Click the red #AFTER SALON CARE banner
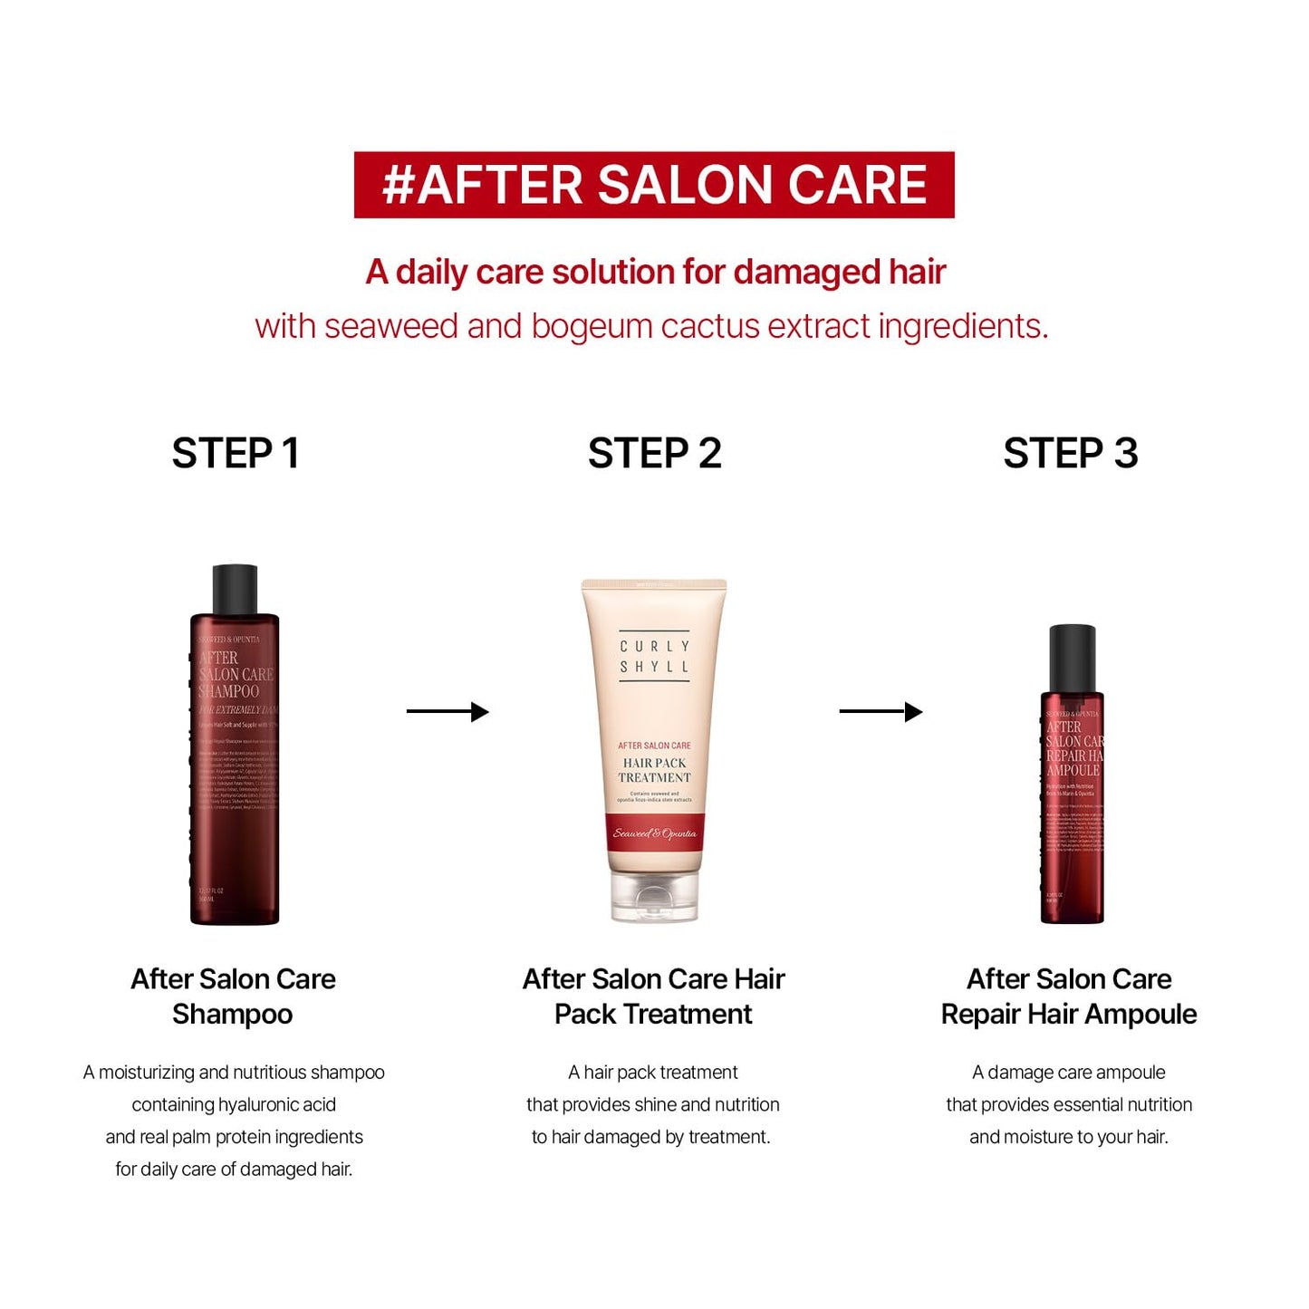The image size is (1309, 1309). (x=653, y=185)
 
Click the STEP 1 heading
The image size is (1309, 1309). (x=236, y=453)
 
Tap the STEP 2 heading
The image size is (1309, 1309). (x=654, y=453)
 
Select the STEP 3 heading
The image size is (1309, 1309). (x=1070, y=453)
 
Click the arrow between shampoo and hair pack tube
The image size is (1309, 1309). (x=448, y=712)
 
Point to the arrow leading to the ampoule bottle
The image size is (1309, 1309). (x=881, y=712)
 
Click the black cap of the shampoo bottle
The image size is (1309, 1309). (x=235, y=590)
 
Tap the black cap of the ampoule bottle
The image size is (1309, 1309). (x=1072, y=658)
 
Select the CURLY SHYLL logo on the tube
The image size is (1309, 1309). (x=654, y=657)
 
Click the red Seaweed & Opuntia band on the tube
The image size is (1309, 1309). (x=654, y=833)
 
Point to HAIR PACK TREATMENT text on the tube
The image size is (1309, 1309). (x=654, y=770)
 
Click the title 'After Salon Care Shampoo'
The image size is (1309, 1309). (x=233, y=996)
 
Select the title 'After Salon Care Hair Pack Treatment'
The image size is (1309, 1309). (x=653, y=996)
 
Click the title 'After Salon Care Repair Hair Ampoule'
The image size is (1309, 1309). (x=1069, y=996)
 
